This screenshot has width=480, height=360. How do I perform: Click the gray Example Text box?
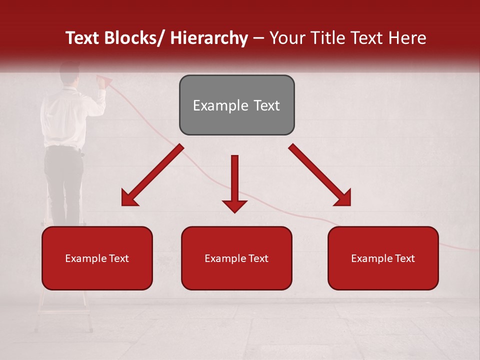[236, 105]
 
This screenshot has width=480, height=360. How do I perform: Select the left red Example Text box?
[97, 258]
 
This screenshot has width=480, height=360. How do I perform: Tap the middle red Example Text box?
[236, 258]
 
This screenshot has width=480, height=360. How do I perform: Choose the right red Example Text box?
[383, 258]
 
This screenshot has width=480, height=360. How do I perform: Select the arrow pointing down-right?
[319, 175]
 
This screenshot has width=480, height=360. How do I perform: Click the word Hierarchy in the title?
[209, 38]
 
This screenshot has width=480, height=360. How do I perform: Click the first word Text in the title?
[82, 38]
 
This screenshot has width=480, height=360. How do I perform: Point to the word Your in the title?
[287, 38]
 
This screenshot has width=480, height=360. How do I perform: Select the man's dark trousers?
[64, 180]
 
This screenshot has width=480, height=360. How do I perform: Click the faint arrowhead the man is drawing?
[104, 79]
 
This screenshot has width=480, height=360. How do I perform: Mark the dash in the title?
[258, 38]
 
